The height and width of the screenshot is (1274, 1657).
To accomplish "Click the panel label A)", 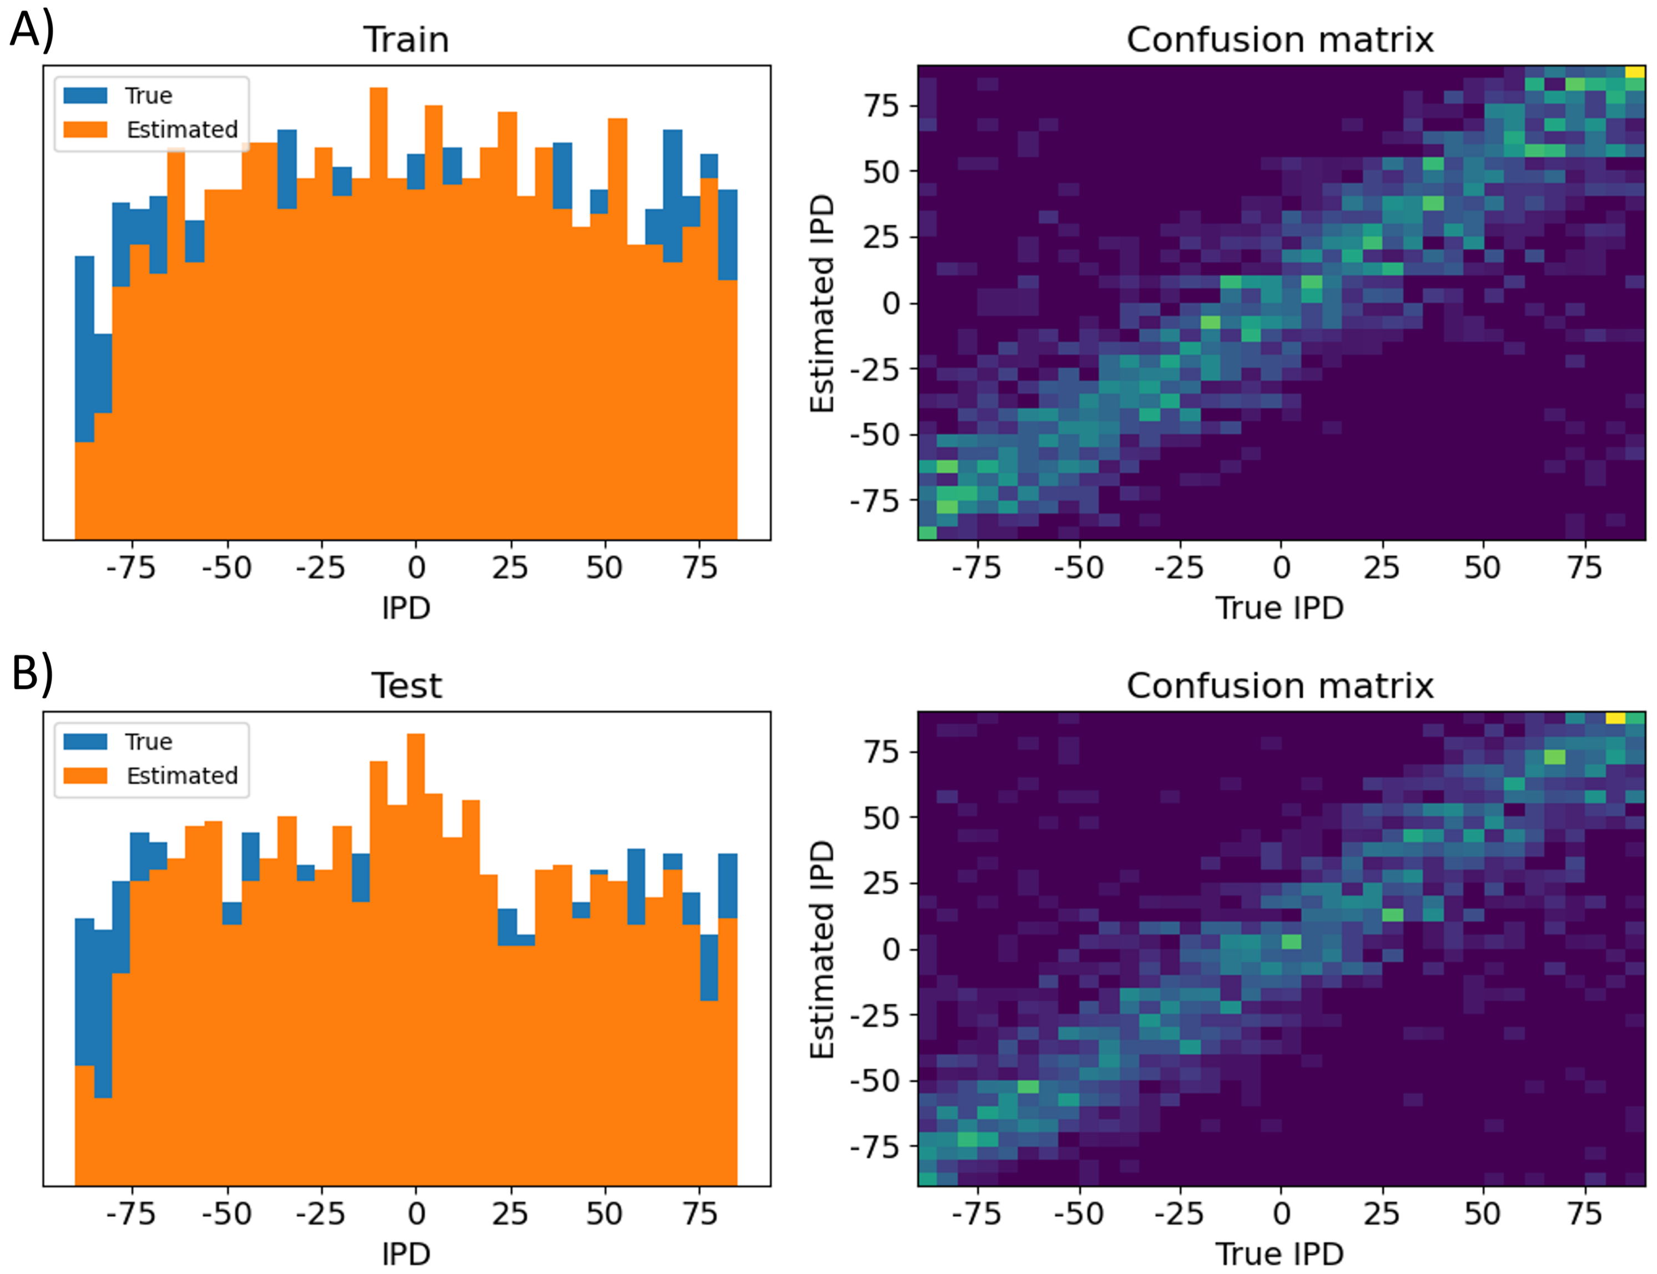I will (32, 32).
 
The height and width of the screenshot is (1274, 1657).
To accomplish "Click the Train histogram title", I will (406, 39).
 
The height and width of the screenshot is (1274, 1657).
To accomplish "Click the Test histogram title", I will (406, 686).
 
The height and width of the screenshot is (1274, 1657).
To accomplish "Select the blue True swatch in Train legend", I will (85, 95).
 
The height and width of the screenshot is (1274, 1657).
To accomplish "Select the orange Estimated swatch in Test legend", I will (85, 775).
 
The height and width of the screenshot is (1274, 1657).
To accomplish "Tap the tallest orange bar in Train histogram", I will (379, 303).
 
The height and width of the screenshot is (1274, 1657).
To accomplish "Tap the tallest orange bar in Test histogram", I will (416, 948).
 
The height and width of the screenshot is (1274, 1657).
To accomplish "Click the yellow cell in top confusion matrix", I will (1634, 72).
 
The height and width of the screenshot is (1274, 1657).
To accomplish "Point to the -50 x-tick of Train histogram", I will (226, 567).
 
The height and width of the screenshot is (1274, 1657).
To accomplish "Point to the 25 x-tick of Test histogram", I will (510, 1213).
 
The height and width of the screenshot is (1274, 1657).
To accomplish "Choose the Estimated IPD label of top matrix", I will (822, 303).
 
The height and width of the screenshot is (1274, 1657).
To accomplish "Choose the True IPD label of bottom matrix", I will (1280, 1253).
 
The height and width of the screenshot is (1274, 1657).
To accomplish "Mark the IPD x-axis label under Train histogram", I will (406, 607).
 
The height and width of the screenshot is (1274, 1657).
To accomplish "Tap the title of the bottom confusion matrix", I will (1280, 686).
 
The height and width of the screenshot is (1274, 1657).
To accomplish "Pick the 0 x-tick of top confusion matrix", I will (1281, 567).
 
